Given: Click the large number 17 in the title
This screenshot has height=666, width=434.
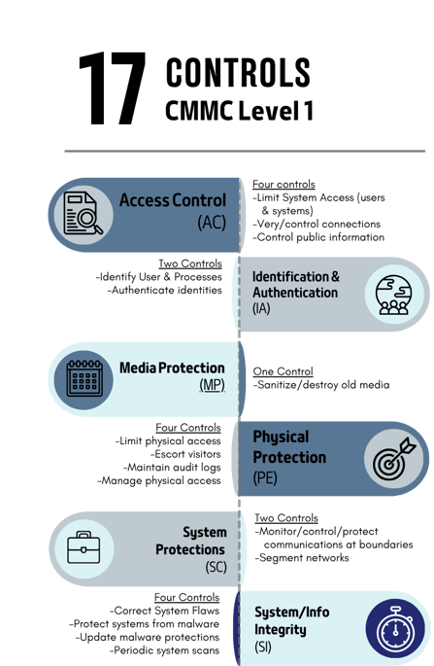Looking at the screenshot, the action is point(113,88).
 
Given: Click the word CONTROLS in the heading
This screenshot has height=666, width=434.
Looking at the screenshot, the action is point(238,73).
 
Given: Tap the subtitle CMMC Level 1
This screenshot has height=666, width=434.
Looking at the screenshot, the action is point(239,111).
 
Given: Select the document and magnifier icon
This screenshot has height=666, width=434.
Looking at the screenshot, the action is point(83,213).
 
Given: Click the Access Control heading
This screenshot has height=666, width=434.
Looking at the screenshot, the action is point(173,200).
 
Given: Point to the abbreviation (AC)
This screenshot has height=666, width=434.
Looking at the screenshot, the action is point(212,222).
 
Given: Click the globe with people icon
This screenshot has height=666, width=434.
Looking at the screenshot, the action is point(393,295).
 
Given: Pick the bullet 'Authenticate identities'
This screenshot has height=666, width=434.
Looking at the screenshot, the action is point(165,290).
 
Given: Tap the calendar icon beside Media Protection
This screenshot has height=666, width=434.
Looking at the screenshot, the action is point(84,378).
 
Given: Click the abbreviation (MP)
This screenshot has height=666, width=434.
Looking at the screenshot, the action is point(212,385).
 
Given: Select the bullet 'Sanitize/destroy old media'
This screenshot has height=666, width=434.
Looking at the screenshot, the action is point(321,385).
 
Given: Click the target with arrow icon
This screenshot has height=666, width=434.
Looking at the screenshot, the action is point(394,459).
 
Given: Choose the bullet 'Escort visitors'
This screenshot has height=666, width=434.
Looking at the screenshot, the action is point(185,454).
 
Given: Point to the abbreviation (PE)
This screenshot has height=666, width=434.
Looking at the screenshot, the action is point(265,477).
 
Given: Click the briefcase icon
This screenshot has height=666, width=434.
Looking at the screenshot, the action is point(84,547).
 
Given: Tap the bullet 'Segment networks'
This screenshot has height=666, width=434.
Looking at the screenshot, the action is point(302,558).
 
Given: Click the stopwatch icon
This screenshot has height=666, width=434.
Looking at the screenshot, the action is point(395,629).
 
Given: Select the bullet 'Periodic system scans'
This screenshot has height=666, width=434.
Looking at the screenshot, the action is point(165,650).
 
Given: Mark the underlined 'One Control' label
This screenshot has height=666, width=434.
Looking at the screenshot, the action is point(283,371).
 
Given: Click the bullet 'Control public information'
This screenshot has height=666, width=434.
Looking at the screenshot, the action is point(318,237).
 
